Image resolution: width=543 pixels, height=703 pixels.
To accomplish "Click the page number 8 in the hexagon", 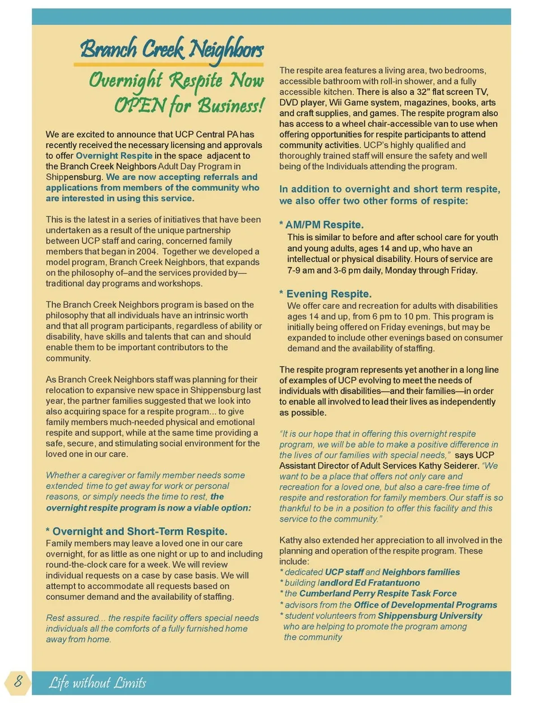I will click(x=18, y=681).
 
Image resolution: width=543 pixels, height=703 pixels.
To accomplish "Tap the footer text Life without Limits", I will click(x=97, y=683).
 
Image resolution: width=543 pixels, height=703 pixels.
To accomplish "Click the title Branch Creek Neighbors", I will click(x=172, y=49).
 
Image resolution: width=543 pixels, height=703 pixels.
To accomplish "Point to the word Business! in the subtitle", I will click(x=231, y=106).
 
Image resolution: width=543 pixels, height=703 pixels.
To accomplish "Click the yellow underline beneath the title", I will click(x=169, y=66).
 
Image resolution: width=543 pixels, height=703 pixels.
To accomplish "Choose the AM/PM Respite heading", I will click(x=324, y=225).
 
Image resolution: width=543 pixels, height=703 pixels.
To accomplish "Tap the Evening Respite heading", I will click(x=329, y=294).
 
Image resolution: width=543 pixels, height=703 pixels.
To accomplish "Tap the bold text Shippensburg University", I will click(x=430, y=615).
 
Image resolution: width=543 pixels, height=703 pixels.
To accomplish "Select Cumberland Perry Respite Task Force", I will click(x=378, y=593).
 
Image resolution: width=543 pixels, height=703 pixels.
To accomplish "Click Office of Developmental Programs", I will click(x=425, y=605).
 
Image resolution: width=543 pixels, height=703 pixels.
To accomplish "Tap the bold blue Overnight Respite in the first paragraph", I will click(x=114, y=156).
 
